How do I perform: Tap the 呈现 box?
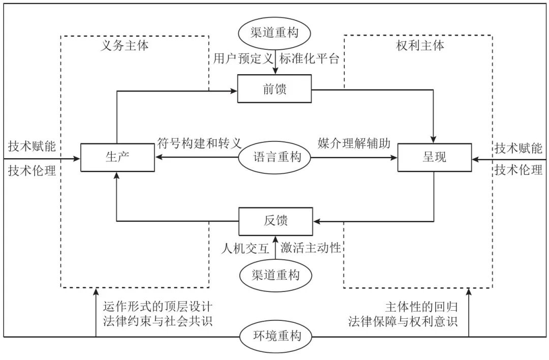click(x=435, y=157)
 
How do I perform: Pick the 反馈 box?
click(x=275, y=221)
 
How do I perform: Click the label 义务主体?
click(x=125, y=45)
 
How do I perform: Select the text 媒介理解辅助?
click(x=354, y=143)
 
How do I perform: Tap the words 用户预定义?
click(x=243, y=58)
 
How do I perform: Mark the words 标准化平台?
click(x=309, y=58)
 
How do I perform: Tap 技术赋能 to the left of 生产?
click(x=32, y=146)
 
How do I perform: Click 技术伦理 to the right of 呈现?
click(x=518, y=170)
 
